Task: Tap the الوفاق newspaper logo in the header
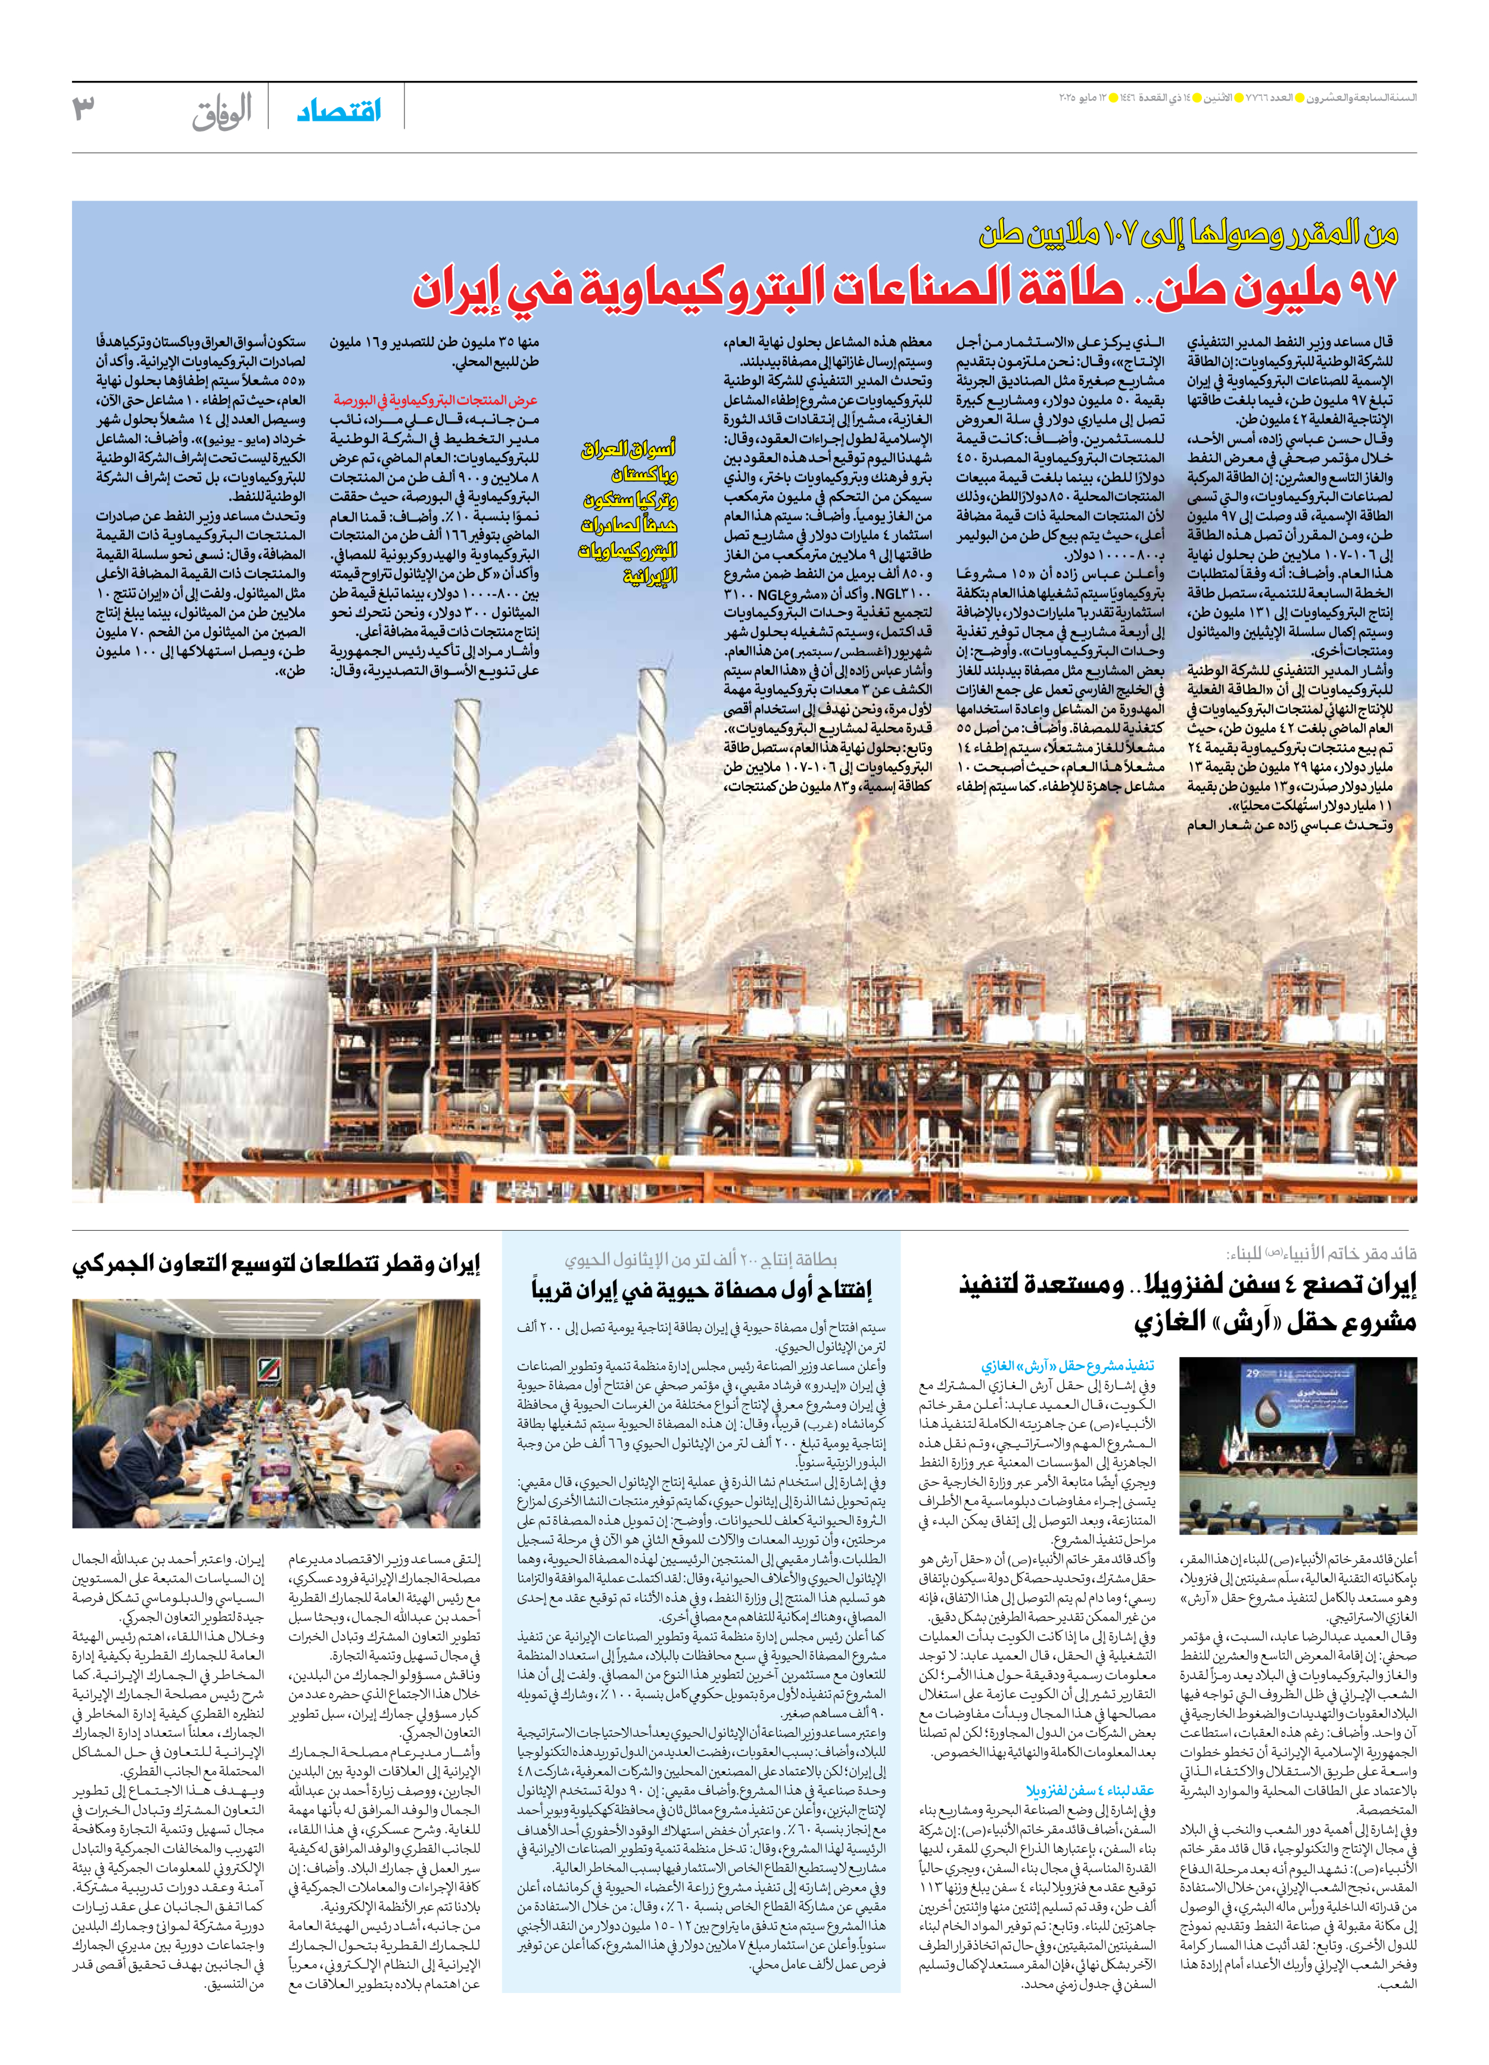(222, 113)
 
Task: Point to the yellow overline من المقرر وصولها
(1188, 235)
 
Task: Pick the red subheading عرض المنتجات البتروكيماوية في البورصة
(435, 400)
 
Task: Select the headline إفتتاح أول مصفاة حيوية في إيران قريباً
(701, 1289)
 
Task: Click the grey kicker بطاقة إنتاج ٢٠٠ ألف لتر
(700, 1260)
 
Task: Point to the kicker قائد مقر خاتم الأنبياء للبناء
(1320, 1254)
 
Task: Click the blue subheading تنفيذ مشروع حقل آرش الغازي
(1067, 1366)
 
